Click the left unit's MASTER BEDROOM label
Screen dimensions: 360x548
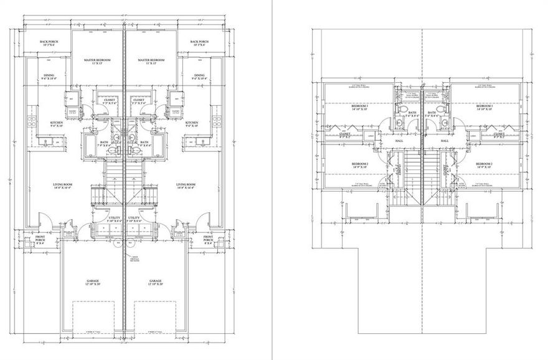(x=97, y=60)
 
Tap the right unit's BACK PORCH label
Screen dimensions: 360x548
(x=200, y=42)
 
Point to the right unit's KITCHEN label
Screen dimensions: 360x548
(x=191, y=123)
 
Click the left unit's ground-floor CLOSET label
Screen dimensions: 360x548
(x=110, y=100)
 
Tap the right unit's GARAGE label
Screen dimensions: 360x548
(x=155, y=281)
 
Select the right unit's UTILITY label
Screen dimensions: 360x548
(x=135, y=218)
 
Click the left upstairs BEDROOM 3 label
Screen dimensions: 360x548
(x=360, y=107)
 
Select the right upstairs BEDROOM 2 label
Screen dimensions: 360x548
(x=484, y=164)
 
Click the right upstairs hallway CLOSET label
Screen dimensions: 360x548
(x=498, y=133)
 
